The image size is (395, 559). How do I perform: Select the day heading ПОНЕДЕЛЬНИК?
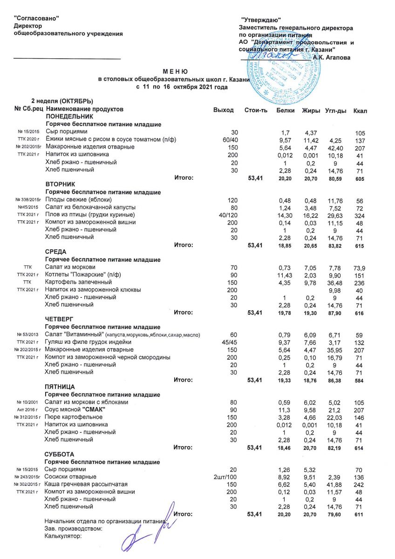click(66, 117)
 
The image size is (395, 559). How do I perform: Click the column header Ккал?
click(360, 110)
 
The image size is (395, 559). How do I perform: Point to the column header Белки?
click(285, 110)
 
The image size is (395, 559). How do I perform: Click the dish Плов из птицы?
click(89, 215)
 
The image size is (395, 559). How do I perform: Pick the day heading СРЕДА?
click(54, 252)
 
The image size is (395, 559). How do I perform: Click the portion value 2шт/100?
click(225, 477)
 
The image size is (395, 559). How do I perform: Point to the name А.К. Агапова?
click(332, 57)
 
